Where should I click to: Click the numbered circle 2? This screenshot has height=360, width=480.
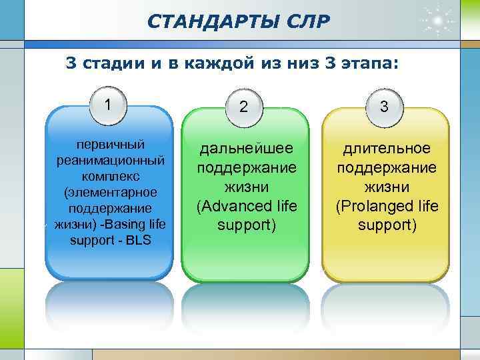(x=244, y=107)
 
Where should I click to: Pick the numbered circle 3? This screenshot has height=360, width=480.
(x=384, y=107)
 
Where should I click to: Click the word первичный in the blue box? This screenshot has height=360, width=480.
(x=110, y=145)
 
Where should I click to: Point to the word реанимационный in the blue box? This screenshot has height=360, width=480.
(x=110, y=161)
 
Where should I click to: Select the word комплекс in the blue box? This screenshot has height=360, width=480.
(x=110, y=177)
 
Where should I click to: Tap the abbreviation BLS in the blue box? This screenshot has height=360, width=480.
(x=137, y=239)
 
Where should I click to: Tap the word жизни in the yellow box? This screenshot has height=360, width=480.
(x=387, y=187)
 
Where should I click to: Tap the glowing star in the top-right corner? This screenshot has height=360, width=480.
(x=439, y=20)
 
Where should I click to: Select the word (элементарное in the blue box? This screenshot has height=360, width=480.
(x=110, y=192)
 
